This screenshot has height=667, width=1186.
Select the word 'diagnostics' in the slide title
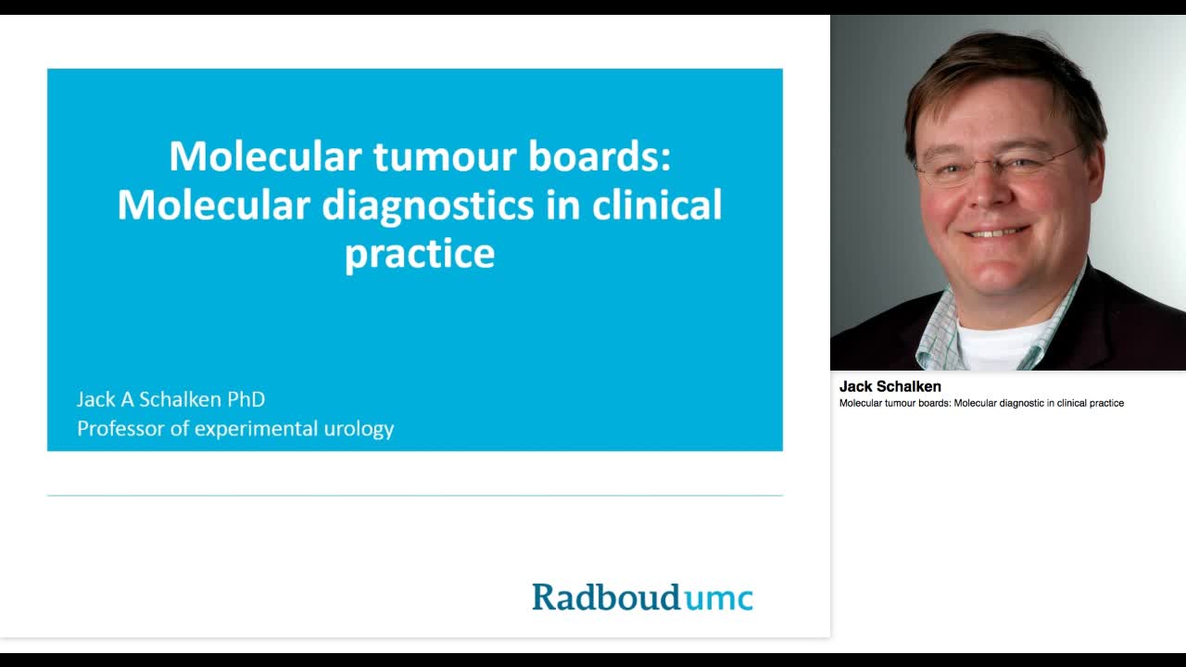428,205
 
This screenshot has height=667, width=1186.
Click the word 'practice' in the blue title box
420,253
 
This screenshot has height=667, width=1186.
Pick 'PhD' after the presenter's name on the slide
246,399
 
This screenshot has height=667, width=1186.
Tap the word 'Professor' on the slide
117,429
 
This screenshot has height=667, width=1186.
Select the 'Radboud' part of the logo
606,597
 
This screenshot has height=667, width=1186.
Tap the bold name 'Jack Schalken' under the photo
889,386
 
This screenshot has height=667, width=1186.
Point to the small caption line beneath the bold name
981,403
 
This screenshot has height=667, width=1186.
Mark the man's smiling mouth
995,232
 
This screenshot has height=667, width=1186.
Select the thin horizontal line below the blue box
415,496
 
